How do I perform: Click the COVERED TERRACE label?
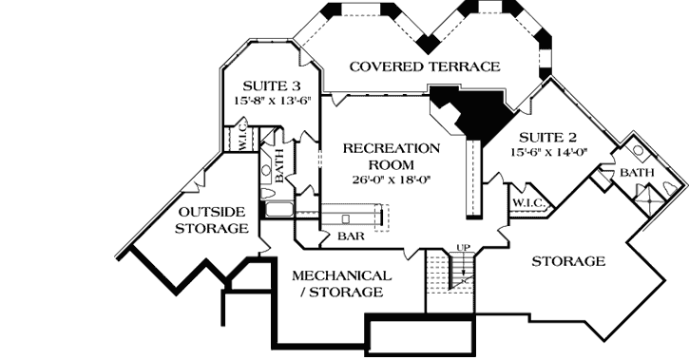click(424, 66)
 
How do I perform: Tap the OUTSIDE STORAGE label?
click(212, 218)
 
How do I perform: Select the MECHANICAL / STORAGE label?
click(342, 283)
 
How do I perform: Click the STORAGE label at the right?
click(568, 260)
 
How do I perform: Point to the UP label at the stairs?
click(464, 248)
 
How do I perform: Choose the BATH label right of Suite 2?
click(636, 174)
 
